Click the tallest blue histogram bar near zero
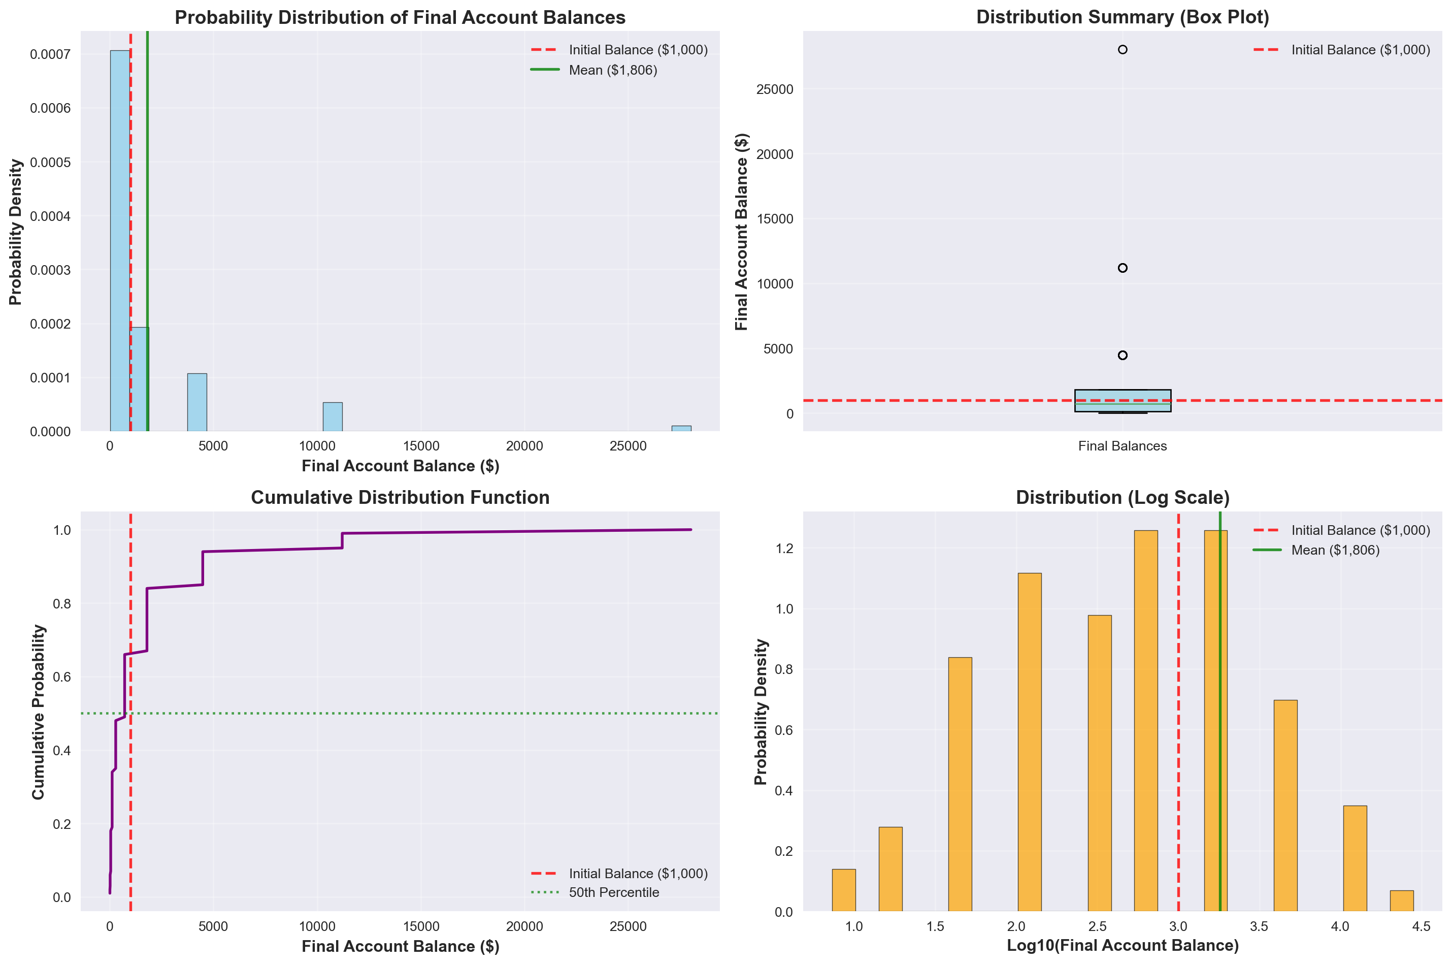click(x=120, y=240)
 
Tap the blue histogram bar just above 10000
click(x=333, y=417)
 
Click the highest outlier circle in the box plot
click(x=1122, y=50)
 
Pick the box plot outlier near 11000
click(x=1122, y=268)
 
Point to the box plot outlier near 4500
click(x=1122, y=356)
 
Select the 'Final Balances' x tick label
click(x=1122, y=446)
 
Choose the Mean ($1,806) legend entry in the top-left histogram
click(x=613, y=70)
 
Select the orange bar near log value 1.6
click(x=960, y=784)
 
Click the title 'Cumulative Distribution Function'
click(x=400, y=497)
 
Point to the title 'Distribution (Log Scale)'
click(x=1122, y=497)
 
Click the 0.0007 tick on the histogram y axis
click(x=50, y=55)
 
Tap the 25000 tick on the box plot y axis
click(x=774, y=90)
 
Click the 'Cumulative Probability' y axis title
click(x=38, y=712)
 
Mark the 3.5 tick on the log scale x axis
click(x=1259, y=926)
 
